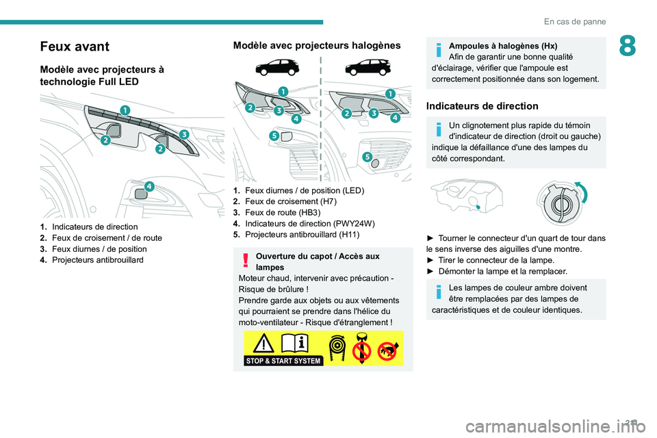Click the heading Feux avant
pos(74,47)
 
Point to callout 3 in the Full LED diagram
pos(184,133)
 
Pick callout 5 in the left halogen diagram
pos(274,136)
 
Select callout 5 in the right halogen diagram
pos(367,157)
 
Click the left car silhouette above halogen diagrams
pos(281,67)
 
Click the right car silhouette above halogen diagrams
pos(366,67)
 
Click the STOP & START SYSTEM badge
pos(283,361)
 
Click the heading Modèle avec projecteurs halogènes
pos(317,45)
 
